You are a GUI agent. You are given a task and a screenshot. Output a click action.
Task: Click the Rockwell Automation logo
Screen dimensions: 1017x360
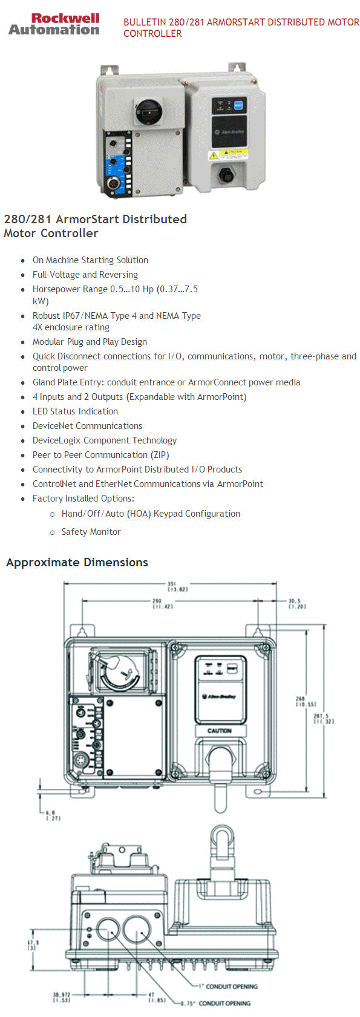[54, 24]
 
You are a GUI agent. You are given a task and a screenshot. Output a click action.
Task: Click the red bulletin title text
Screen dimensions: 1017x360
[241, 27]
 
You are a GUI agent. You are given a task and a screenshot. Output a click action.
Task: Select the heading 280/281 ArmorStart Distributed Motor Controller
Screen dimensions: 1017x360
[95, 226]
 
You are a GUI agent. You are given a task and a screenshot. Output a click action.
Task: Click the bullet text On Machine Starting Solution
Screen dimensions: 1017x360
[90, 260]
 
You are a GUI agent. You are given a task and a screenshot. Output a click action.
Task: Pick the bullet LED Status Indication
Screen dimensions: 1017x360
[75, 411]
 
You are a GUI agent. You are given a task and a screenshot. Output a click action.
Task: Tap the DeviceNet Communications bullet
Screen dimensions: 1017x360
[87, 426]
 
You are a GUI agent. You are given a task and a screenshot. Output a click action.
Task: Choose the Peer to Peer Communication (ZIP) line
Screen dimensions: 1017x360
[100, 455]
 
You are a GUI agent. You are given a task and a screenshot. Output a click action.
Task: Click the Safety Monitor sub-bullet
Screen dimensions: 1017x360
[91, 532]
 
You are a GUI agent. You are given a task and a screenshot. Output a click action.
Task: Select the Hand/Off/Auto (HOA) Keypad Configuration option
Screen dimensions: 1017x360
[151, 514]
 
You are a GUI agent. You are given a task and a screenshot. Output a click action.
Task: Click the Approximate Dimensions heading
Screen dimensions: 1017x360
[77, 562]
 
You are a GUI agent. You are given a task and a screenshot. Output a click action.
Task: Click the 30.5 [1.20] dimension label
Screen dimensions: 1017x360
[296, 604]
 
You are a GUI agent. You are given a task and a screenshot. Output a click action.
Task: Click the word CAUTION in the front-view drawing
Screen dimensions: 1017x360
[219, 730]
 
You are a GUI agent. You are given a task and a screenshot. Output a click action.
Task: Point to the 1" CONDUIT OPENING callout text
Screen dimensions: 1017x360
[231, 986]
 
